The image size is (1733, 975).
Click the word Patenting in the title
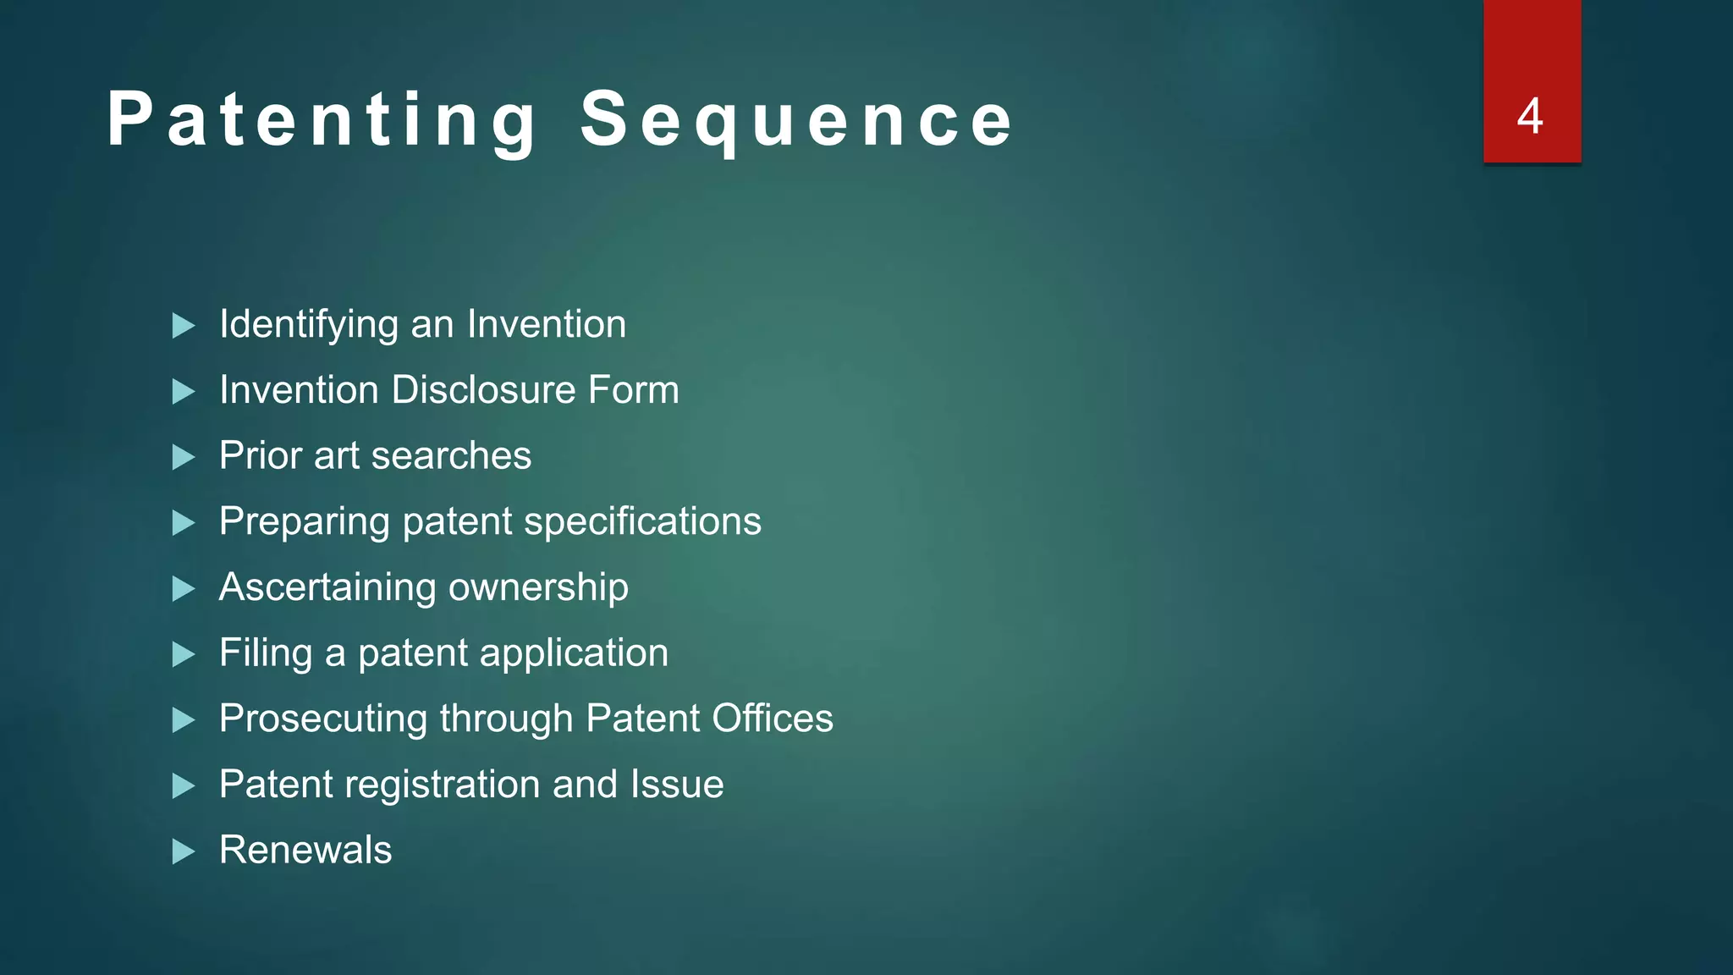pyautogui.click(x=322, y=120)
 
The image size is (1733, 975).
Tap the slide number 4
pyautogui.click(x=1530, y=117)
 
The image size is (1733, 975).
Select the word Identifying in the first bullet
pyautogui.click(x=308, y=325)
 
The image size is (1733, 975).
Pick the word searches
pyautogui.click(x=451, y=456)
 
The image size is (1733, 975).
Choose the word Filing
pyautogui.click(x=266, y=653)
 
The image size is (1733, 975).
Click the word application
pyautogui.click(x=574, y=653)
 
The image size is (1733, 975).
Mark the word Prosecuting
pyautogui.click(x=323, y=719)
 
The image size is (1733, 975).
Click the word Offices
pyautogui.click(x=772, y=719)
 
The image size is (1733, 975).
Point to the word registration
pyautogui.click(x=443, y=785)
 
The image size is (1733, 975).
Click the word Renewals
pyautogui.click(x=305, y=850)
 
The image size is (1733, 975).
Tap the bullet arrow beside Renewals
pyautogui.click(x=183, y=851)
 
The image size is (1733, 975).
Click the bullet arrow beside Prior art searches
pyautogui.click(x=183, y=458)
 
